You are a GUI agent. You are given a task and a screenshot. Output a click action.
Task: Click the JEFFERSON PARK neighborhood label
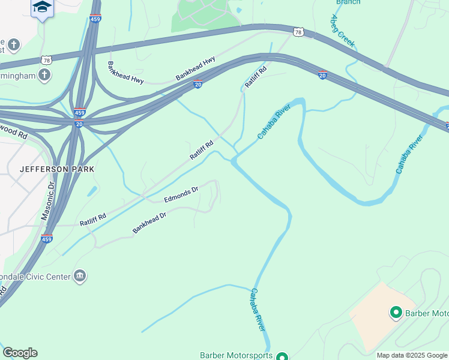tap(57, 169)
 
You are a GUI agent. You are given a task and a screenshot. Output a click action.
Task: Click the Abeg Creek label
tap(343, 31)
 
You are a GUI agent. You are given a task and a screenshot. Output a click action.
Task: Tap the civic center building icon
tap(80, 276)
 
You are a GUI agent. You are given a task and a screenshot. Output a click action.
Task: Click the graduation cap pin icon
tap(42, 7)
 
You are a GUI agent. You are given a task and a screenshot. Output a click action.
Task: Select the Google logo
tap(20, 353)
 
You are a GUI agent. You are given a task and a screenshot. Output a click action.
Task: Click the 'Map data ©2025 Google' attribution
tap(412, 356)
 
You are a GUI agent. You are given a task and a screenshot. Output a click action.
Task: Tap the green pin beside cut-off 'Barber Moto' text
tap(396, 313)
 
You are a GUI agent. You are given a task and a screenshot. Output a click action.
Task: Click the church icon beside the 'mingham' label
tap(43, 75)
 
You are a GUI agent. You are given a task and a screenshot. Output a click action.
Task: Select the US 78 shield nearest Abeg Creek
tap(298, 31)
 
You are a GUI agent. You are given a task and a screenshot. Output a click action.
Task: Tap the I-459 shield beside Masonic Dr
tap(46, 239)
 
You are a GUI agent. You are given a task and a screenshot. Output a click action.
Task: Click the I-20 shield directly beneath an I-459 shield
tap(79, 124)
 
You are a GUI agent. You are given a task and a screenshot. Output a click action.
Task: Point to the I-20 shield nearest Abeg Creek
tap(322, 76)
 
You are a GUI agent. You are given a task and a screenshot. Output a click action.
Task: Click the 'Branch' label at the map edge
tap(348, 2)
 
